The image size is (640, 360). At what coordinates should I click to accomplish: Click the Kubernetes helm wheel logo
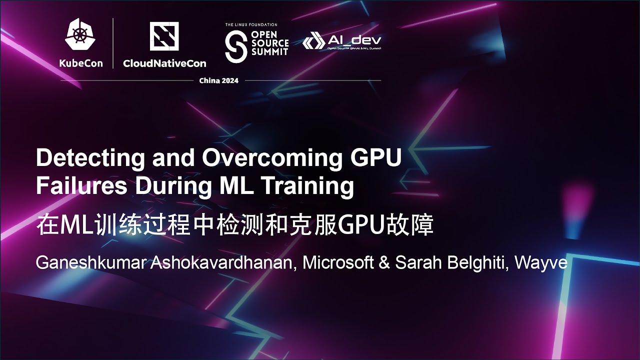coord(80,36)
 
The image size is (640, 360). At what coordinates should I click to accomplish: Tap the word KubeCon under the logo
coord(80,63)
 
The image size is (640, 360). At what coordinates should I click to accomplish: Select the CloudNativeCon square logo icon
coord(164,36)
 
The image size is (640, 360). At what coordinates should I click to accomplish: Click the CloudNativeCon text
coord(164,63)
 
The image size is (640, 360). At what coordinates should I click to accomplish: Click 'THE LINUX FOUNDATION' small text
coord(251,24)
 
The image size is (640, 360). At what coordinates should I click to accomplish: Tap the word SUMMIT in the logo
coord(270,51)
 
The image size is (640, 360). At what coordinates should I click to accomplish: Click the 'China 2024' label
coord(219,80)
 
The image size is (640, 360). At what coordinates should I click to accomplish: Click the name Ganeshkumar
coord(91,263)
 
